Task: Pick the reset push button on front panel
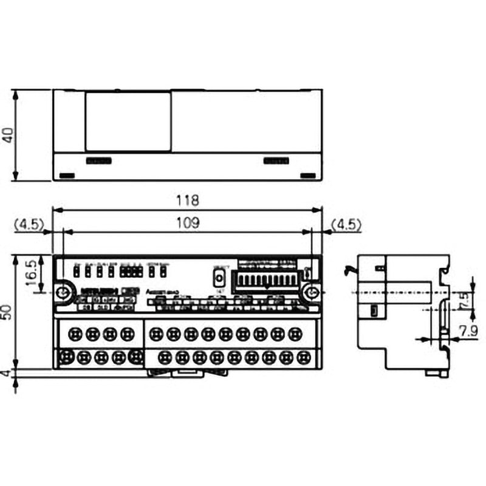pos(218,278)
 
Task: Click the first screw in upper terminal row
pos(76,334)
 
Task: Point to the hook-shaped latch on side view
pos(349,268)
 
